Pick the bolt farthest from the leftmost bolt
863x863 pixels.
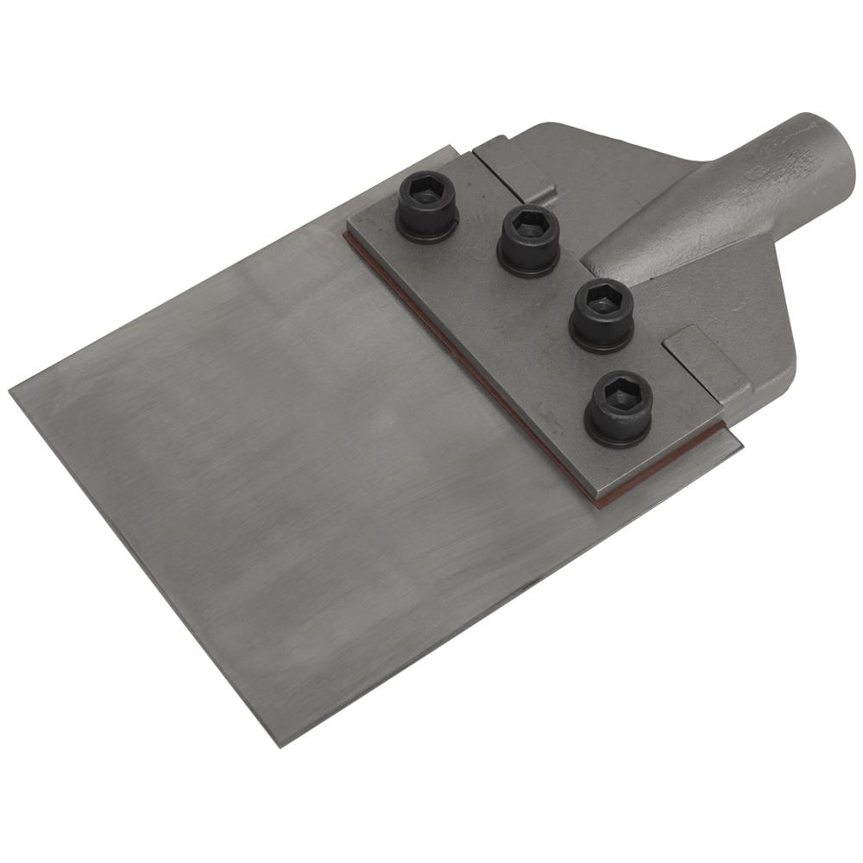[618, 409]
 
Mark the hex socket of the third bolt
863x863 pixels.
[602, 302]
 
